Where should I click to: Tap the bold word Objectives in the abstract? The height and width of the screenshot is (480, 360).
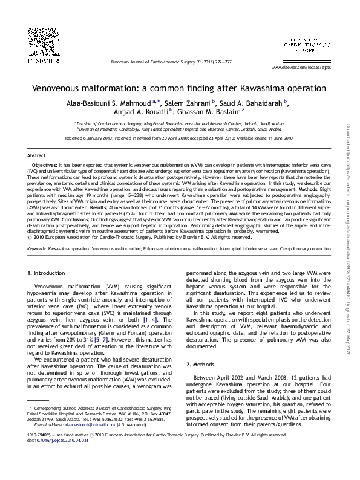coord(44,164)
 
